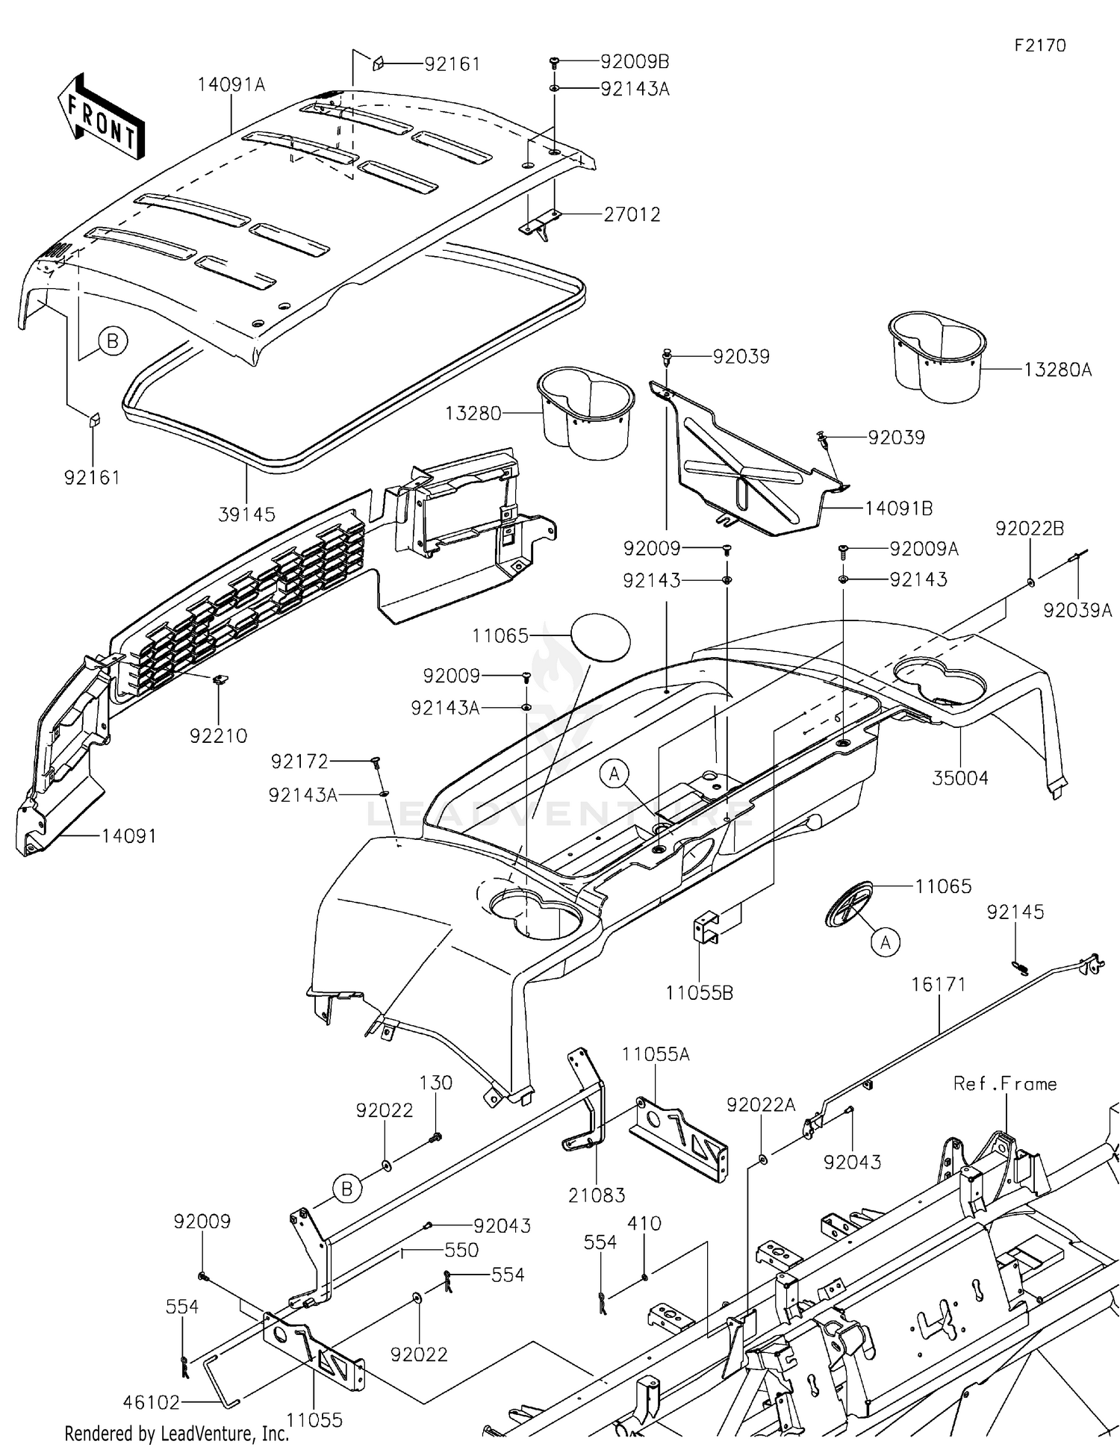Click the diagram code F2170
[x=1039, y=46]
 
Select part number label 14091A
[x=231, y=84]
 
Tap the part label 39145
[x=246, y=514]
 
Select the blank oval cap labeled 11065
[x=600, y=637]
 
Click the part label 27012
[x=632, y=215]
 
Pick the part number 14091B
[x=898, y=508]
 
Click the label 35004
[x=960, y=778]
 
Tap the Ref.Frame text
[x=1004, y=1083]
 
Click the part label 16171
[x=938, y=984]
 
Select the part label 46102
[x=151, y=1402]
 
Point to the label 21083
[x=596, y=1195]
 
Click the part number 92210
[x=218, y=735]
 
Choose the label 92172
[x=299, y=761]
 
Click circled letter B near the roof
[x=113, y=341]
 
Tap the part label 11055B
[x=699, y=992]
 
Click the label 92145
[x=1015, y=912]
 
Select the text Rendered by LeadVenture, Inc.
[x=176, y=1433]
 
